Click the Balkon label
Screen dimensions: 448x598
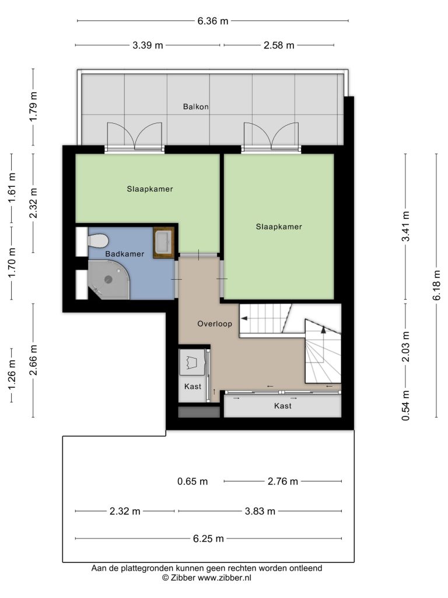pyautogui.click(x=196, y=107)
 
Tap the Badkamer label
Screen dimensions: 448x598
pyautogui.click(x=125, y=254)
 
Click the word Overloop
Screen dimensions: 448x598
pyautogui.click(x=215, y=324)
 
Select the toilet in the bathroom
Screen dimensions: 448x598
pyautogui.click(x=98, y=241)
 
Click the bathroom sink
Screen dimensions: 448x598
pyautogui.click(x=164, y=242)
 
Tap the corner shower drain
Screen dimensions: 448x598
pyautogui.click(x=108, y=280)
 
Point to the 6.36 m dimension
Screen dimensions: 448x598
pyautogui.click(x=212, y=21)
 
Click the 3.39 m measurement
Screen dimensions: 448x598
pyautogui.click(x=148, y=46)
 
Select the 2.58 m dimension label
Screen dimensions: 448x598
pyautogui.click(x=279, y=46)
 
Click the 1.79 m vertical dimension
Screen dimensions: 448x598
pyautogui.click(x=33, y=106)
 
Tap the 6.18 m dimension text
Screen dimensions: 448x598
pyautogui.click(x=436, y=285)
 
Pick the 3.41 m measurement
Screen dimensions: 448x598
pyautogui.click(x=406, y=226)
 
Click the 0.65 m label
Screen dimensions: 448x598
pyautogui.click(x=192, y=482)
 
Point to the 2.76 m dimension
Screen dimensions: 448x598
pyautogui.click(x=283, y=482)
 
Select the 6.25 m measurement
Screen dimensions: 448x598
pyautogui.click(x=208, y=539)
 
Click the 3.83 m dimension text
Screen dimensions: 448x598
pyautogui.click(x=260, y=512)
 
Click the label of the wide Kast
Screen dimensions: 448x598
pyautogui.click(x=283, y=406)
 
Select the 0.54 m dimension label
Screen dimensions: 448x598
pyautogui.click(x=406, y=405)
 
